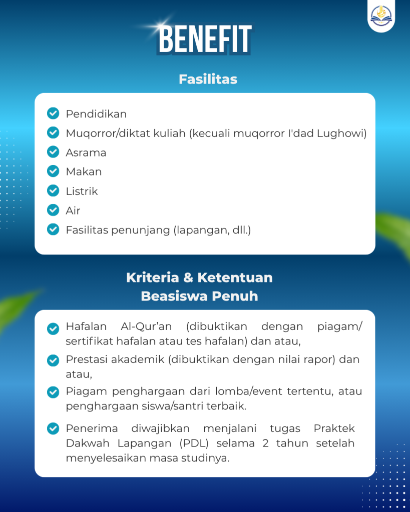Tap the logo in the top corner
pyautogui.click(x=381, y=16)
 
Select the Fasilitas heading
pyautogui.click(x=208, y=79)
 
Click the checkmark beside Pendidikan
pyautogui.click(x=53, y=113)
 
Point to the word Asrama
pyautogui.click(x=86, y=152)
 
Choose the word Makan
pyautogui.click(x=84, y=171)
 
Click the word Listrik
pyautogui.click(x=82, y=191)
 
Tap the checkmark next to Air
pyautogui.click(x=53, y=210)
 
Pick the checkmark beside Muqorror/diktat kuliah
pyautogui.click(x=53, y=133)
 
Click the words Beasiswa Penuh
pyautogui.click(x=199, y=296)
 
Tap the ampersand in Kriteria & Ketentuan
pyautogui.click(x=188, y=277)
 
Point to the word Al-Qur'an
pyautogui.click(x=146, y=327)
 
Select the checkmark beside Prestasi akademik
pyautogui.click(x=53, y=360)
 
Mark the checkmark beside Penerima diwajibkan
pyautogui.click(x=53, y=429)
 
